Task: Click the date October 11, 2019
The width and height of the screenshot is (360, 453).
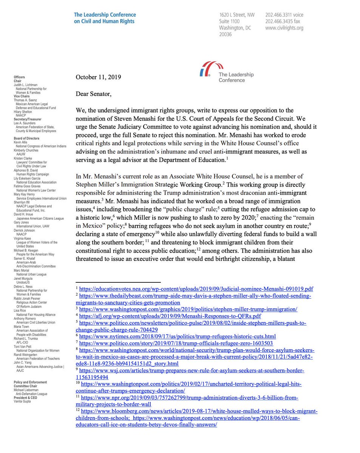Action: coord(98,77)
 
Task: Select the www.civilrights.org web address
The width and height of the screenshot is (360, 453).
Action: coord(284,28)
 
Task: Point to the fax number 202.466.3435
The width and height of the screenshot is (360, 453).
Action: coord(284,21)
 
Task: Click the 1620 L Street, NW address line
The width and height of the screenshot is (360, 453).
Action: coord(237,15)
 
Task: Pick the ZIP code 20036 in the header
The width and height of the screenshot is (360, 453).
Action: coord(226,34)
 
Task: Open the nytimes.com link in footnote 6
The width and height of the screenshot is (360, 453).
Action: coord(177,336)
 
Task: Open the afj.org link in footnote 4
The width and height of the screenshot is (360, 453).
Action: coord(170,316)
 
